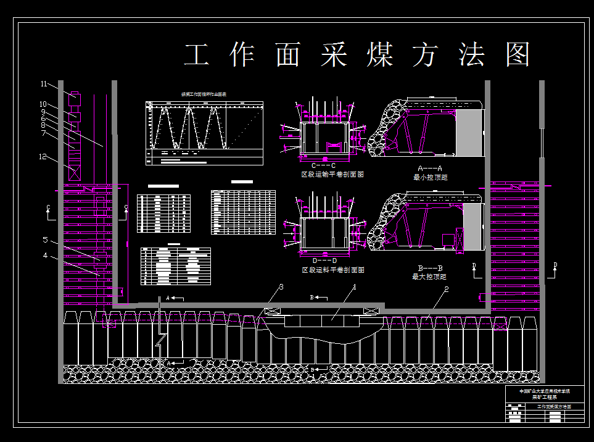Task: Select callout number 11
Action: (x=44, y=83)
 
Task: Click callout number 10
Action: (x=43, y=104)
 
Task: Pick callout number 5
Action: (x=45, y=240)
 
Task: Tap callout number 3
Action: (x=281, y=287)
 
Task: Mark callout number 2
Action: (x=446, y=289)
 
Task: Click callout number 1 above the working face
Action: (x=355, y=287)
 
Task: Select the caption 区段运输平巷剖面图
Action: (x=332, y=175)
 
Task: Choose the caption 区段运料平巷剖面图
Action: (x=332, y=270)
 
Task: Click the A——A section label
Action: (x=431, y=169)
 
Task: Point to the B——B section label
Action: (x=431, y=269)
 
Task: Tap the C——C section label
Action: (x=323, y=166)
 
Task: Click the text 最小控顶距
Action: (x=431, y=177)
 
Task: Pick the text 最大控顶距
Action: (x=431, y=277)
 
